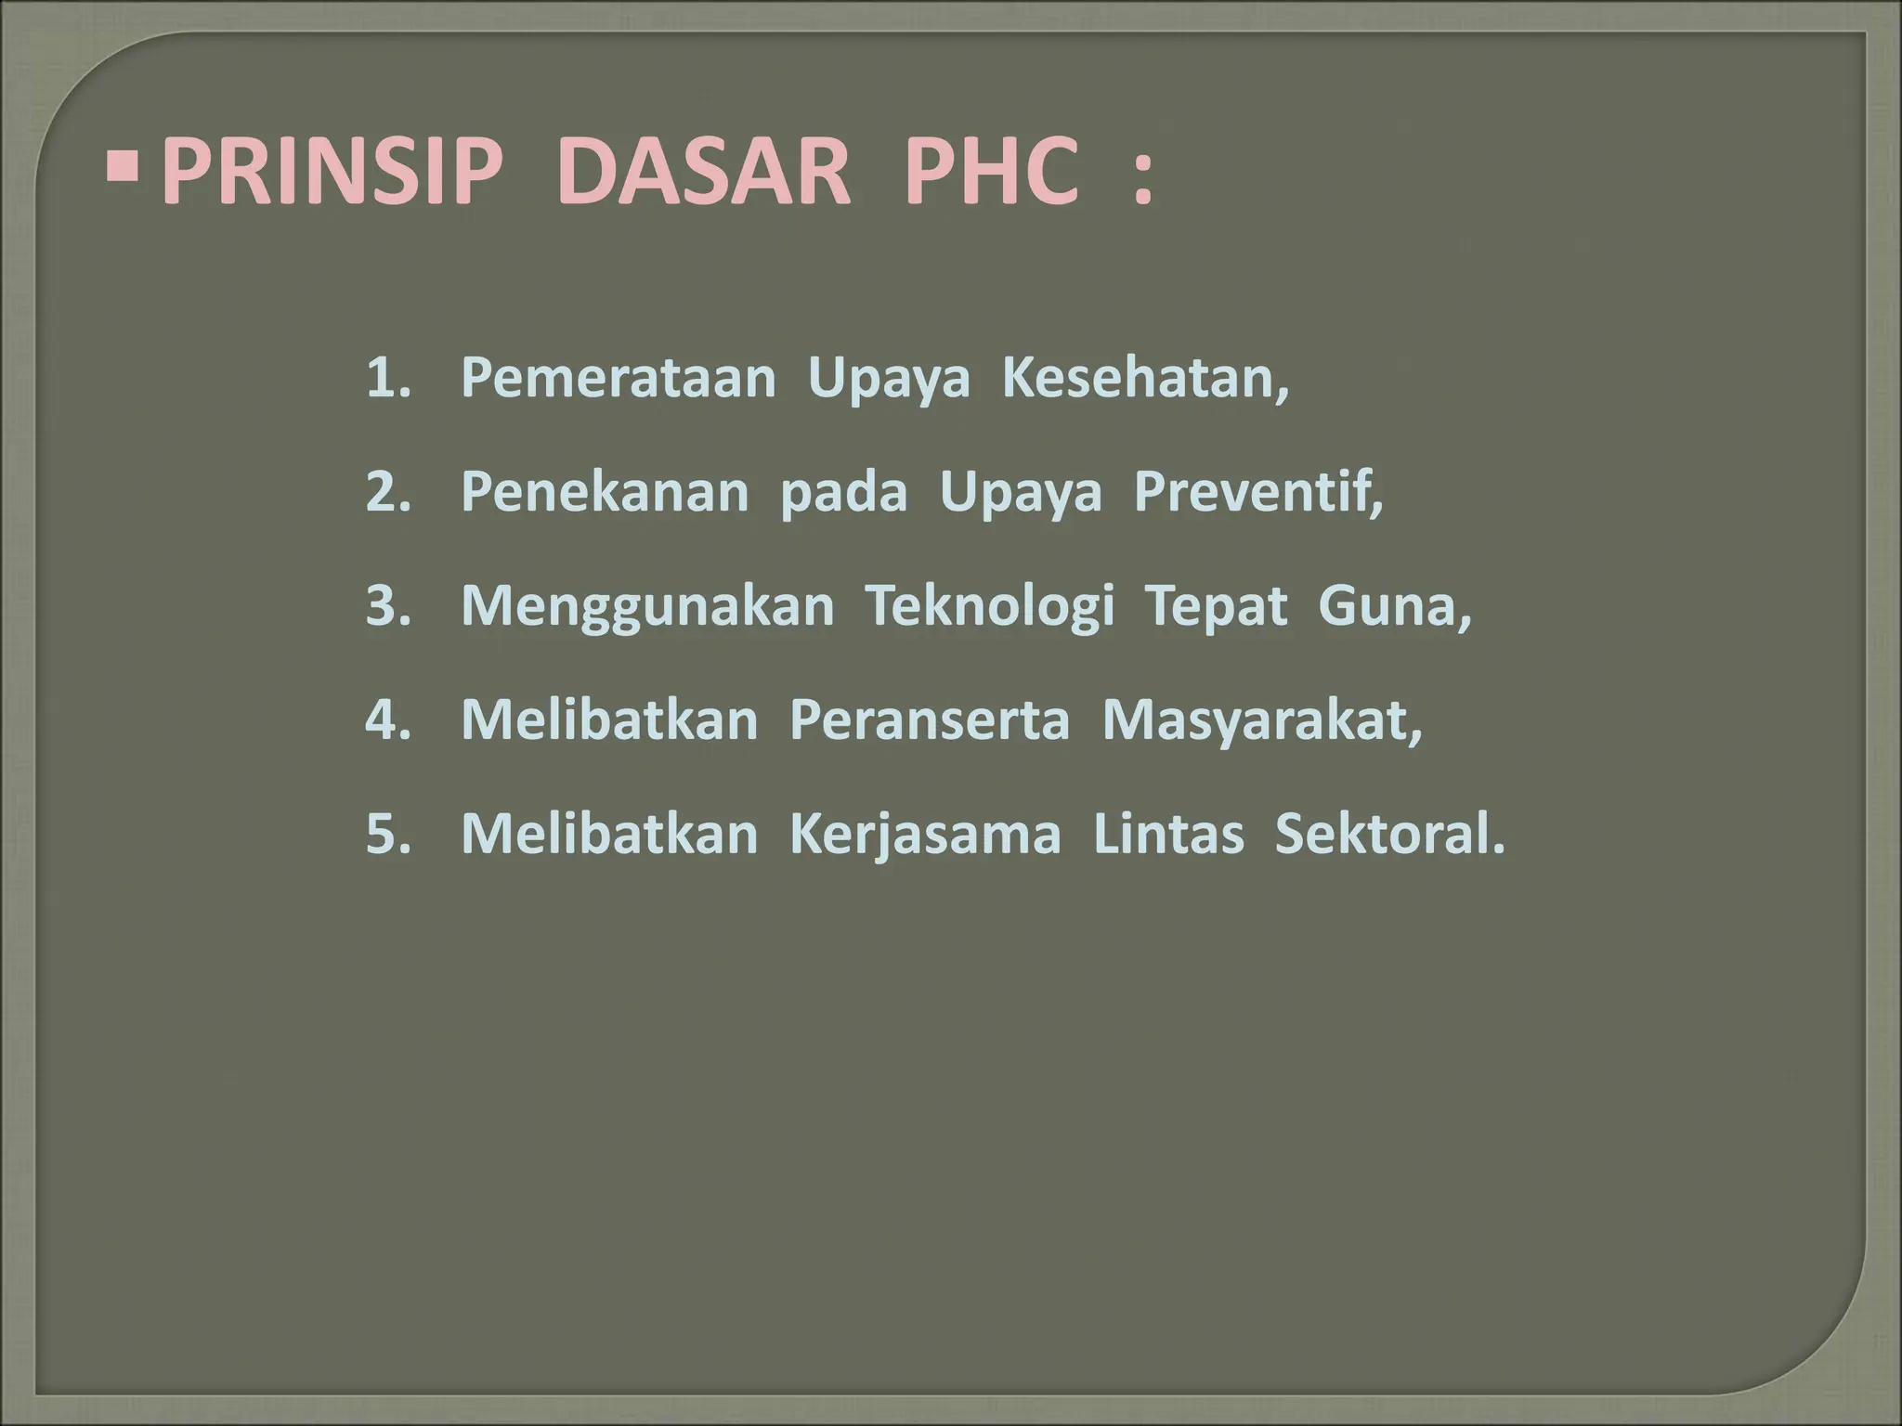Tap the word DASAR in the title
[x=704, y=174]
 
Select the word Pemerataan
[x=618, y=379]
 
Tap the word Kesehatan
[x=1144, y=379]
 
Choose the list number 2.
[x=387, y=493]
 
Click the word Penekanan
[x=605, y=493]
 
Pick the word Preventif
[x=1257, y=493]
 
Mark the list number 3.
[x=387, y=606]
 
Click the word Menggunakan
[x=647, y=608]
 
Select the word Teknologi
[x=990, y=608]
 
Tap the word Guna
[x=1393, y=606]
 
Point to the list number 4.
[x=387, y=720]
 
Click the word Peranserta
[x=930, y=720]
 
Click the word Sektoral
[x=1388, y=834]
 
